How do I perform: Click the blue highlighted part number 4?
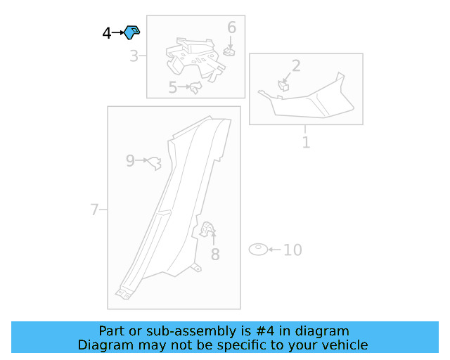click(x=131, y=32)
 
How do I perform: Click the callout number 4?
click(x=107, y=33)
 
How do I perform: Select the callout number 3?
click(x=134, y=56)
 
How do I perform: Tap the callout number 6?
click(x=231, y=27)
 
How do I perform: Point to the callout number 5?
click(x=173, y=87)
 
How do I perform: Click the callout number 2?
click(x=296, y=65)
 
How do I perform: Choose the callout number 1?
click(x=306, y=143)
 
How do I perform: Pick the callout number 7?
click(x=94, y=210)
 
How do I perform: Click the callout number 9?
click(x=130, y=161)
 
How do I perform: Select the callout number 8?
click(x=215, y=255)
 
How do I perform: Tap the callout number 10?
click(x=292, y=250)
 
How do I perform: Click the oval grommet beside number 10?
click(x=258, y=250)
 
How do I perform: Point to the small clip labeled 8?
click(x=207, y=229)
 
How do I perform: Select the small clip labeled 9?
click(x=155, y=163)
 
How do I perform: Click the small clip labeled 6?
click(x=229, y=51)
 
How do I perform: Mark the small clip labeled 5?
click(x=195, y=87)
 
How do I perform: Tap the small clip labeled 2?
click(x=283, y=86)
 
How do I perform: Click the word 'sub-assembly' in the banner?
click(x=191, y=331)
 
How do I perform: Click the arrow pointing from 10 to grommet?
click(x=275, y=250)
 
